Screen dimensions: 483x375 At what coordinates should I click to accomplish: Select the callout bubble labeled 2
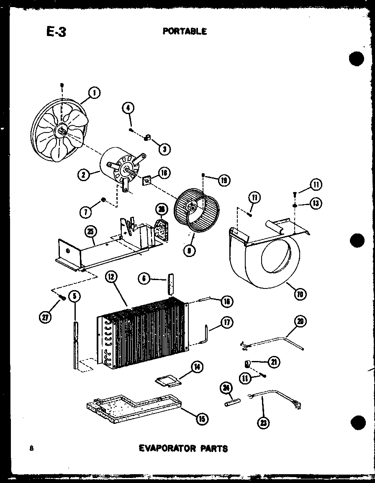(x=84, y=174)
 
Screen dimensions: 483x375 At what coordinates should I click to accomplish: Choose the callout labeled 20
(x=301, y=322)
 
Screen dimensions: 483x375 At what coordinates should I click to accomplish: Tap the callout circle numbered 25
(x=90, y=231)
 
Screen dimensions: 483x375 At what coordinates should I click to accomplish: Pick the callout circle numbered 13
(x=315, y=204)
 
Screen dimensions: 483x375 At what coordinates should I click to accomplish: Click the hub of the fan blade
(x=62, y=131)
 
